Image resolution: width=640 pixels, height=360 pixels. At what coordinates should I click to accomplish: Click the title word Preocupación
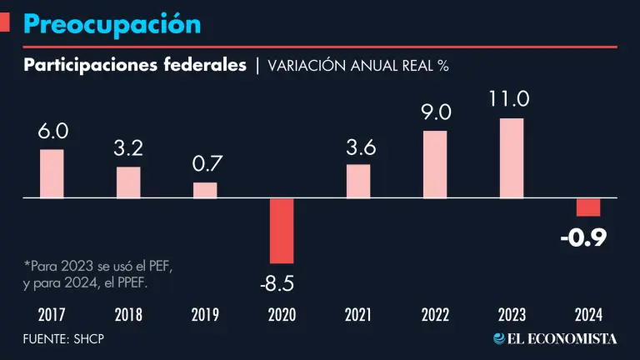pyautogui.click(x=112, y=23)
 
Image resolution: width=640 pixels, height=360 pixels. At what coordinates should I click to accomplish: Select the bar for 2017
pyautogui.click(x=52, y=174)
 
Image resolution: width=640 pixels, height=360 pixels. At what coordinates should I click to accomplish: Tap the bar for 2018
pyautogui.click(x=128, y=182)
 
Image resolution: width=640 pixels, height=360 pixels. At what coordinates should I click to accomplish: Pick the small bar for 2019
pyautogui.click(x=205, y=190)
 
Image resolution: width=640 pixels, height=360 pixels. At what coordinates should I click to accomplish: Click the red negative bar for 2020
pyautogui.click(x=282, y=231)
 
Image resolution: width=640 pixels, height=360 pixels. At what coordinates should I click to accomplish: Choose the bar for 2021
pyautogui.click(x=358, y=181)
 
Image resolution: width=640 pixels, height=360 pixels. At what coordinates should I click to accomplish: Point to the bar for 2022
pyautogui.click(x=435, y=164)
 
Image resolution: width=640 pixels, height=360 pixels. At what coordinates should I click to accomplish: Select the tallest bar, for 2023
pyautogui.click(x=512, y=158)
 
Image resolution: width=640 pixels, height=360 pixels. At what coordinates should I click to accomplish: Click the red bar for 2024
pyautogui.click(x=588, y=207)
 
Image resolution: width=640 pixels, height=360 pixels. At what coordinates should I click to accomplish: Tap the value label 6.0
pyautogui.click(x=52, y=132)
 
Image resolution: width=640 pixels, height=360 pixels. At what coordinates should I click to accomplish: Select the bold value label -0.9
pyautogui.click(x=583, y=238)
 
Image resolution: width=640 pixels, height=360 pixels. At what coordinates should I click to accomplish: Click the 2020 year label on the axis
pyautogui.click(x=282, y=315)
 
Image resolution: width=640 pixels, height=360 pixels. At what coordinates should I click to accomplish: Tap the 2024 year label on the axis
pyautogui.click(x=588, y=315)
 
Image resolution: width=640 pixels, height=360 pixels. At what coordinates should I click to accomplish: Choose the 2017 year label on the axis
pyautogui.click(x=52, y=315)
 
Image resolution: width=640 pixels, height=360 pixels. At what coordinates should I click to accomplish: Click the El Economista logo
pyautogui.click(x=555, y=338)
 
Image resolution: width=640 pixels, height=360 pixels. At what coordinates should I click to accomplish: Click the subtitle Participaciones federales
pyautogui.click(x=135, y=66)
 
